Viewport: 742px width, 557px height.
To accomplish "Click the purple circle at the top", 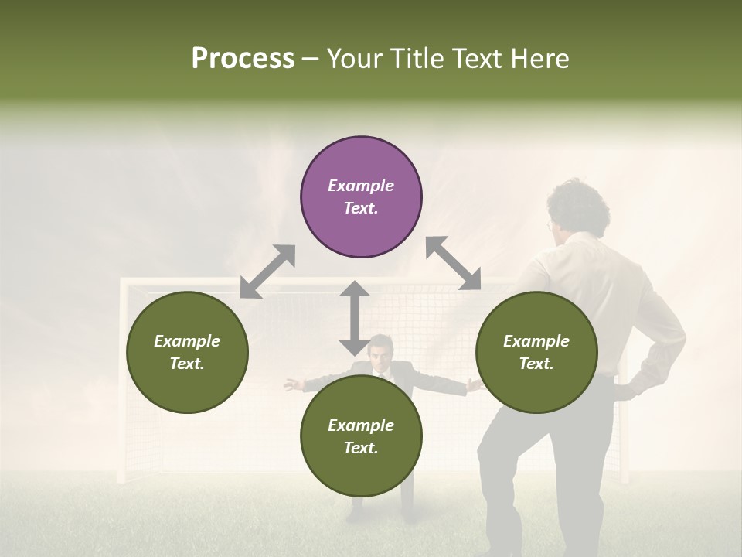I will tap(361, 197).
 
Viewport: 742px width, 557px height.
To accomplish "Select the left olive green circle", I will tap(187, 352).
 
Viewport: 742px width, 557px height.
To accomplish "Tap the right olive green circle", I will tap(536, 352).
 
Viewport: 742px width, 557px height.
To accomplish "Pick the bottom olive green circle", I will tap(361, 436).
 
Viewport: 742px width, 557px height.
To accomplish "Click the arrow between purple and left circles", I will tap(267, 272).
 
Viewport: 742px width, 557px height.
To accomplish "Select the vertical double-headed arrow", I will tap(355, 318).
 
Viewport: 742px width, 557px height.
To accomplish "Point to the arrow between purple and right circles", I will tap(453, 263).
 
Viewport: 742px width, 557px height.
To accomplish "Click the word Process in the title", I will tap(243, 59).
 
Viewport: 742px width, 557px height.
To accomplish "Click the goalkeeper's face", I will tap(379, 354).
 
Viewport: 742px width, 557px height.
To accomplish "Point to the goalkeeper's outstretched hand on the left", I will tap(291, 384).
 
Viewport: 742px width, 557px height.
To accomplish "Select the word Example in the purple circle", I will tap(361, 186).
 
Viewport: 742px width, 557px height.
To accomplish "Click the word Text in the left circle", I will tap(187, 364).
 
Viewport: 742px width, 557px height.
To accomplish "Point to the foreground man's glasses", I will tap(550, 227).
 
